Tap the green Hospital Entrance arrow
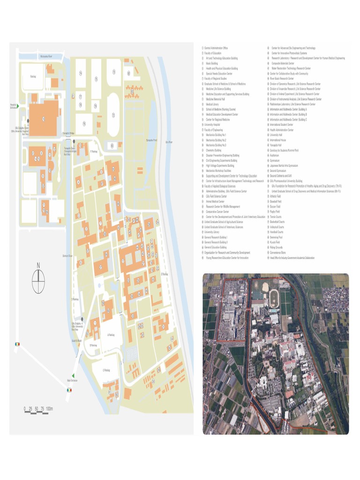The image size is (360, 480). tap(18, 106)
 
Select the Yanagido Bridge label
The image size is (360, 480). tap(68, 133)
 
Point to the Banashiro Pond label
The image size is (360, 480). tap(152, 141)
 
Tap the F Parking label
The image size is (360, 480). tap(93, 151)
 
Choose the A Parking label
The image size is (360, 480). tap(111, 335)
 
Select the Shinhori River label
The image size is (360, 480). tap(67, 256)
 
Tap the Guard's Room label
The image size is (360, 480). tap(77, 341)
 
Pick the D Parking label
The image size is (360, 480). tap(75, 299)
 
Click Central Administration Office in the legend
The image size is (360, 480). tap(216, 48)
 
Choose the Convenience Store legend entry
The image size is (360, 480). tap(277, 253)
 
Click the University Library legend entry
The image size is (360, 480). tap(212, 232)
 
